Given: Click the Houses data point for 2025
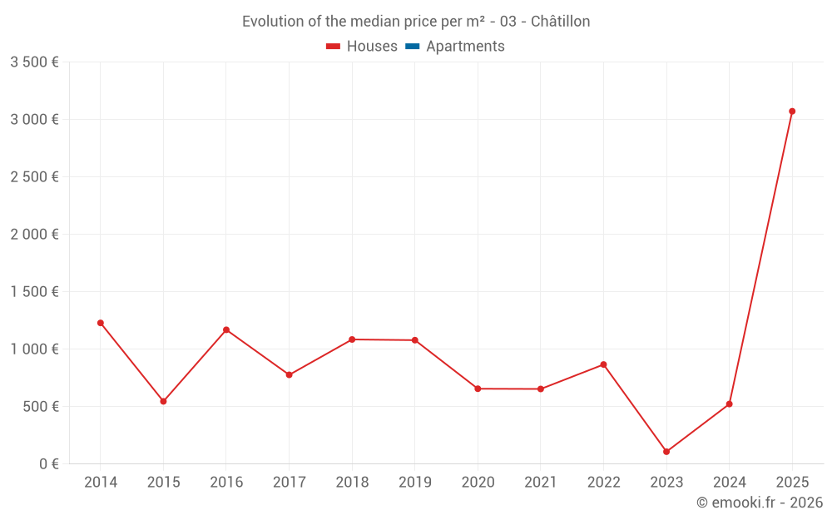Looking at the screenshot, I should [792, 111].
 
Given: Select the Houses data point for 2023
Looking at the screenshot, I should [666, 452].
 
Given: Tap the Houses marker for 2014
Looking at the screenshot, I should [101, 323].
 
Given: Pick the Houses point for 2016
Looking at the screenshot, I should [226, 330].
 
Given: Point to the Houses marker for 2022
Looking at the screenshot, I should [603, 364].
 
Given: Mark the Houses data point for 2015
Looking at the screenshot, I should [163, 401].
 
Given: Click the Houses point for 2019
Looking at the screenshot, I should [414, 340].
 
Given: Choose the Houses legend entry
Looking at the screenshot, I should [362, 47].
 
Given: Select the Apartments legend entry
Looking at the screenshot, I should [456, 47].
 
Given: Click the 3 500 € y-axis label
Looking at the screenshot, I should [34, 62].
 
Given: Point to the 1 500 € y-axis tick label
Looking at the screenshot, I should [34, 292].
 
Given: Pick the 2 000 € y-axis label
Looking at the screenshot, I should [34, 235].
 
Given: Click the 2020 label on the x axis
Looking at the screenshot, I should [478, 483].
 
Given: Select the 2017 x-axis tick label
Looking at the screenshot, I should [289, 483].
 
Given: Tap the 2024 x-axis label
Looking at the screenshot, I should [729, 483].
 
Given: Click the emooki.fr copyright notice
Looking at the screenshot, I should [760, 503].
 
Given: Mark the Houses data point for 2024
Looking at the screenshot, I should [729, 404].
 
